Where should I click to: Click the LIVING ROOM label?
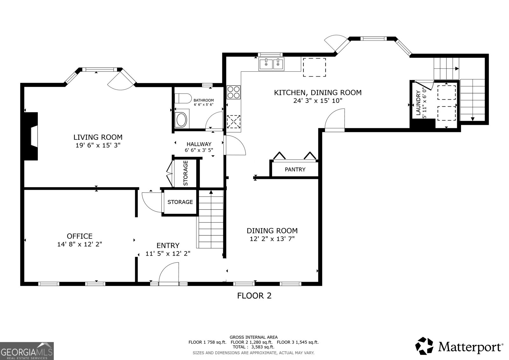point(98,137)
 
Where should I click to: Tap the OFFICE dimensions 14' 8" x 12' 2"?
point(80,244)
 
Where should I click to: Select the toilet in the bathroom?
point(183,98)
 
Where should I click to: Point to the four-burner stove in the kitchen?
point(234,92)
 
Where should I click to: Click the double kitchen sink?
point(271,64)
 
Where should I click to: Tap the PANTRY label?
point(295,170)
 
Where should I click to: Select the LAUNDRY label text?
point(418,102)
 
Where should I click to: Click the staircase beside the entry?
point(211,220)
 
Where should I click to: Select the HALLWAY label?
point(199,144)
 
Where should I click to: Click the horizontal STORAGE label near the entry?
point(180,202)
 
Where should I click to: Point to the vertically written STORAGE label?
point(185,173)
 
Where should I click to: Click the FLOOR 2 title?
point(254,296)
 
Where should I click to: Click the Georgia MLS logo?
point(27,351)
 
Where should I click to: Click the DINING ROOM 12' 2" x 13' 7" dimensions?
point(272,239)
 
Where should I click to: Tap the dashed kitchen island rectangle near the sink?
point(314,67)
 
